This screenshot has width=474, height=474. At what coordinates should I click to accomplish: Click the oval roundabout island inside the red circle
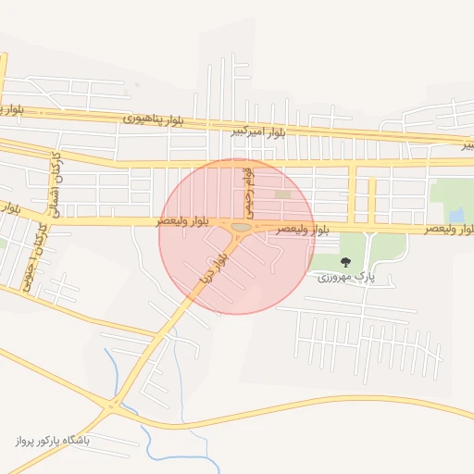[241, 227]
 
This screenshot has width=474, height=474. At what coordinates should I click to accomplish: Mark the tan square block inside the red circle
[281, 193]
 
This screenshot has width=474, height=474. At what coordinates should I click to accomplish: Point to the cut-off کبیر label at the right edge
[468, 145]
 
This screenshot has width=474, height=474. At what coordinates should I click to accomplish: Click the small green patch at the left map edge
[3, 244]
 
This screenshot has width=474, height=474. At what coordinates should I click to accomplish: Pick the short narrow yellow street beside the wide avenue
[372, 199]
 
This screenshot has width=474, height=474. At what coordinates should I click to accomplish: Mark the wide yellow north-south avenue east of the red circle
[353, 194]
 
